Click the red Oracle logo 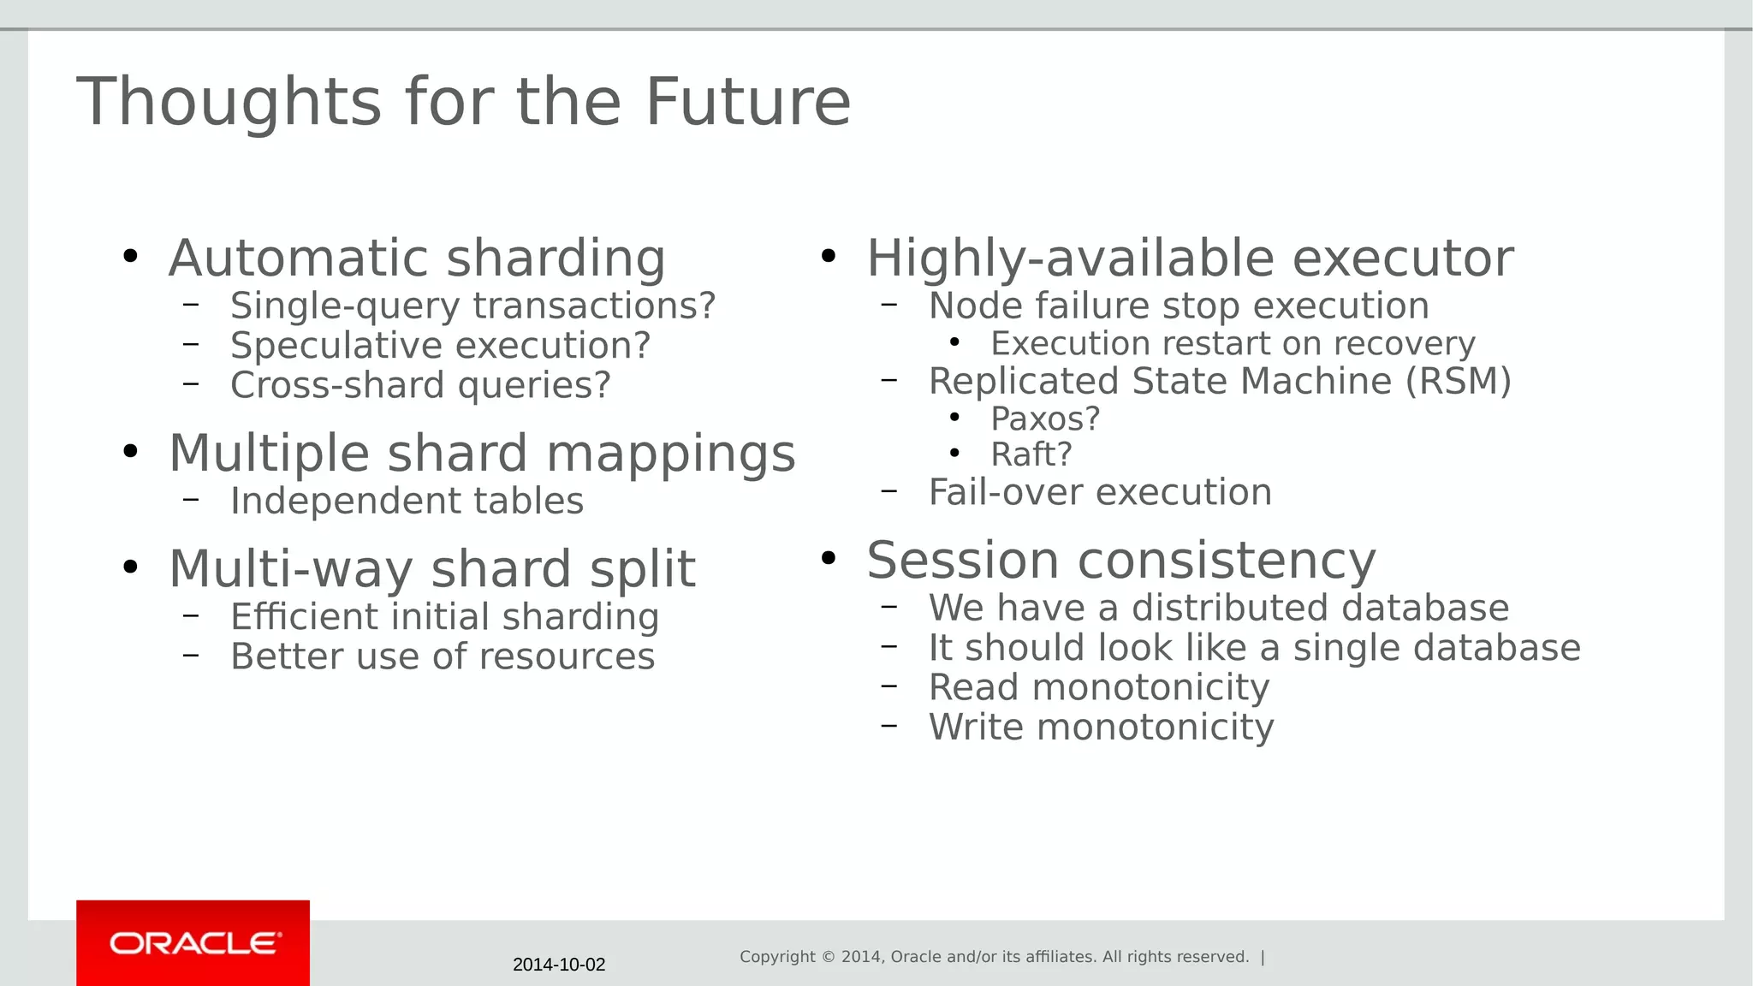coord(193,942)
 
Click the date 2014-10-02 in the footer coord(559,965)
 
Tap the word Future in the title coord(747,102)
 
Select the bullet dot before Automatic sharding coord(130,256)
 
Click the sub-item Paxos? coord(1044,419)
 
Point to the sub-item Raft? coord(1031,454)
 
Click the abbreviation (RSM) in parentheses coord(1459,381)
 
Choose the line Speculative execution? coord(440,346)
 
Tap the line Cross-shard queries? coord(420,385)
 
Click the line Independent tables coord(407,501)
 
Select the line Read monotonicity coord(1099,687)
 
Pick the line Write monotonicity coord(1101,728)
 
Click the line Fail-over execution coord(1100,492)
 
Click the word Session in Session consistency coord(963,561)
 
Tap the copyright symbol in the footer coord(828,957)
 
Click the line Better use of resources coord(442,656)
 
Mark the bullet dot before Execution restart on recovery coord(955,343)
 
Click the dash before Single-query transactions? coord(191,305)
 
